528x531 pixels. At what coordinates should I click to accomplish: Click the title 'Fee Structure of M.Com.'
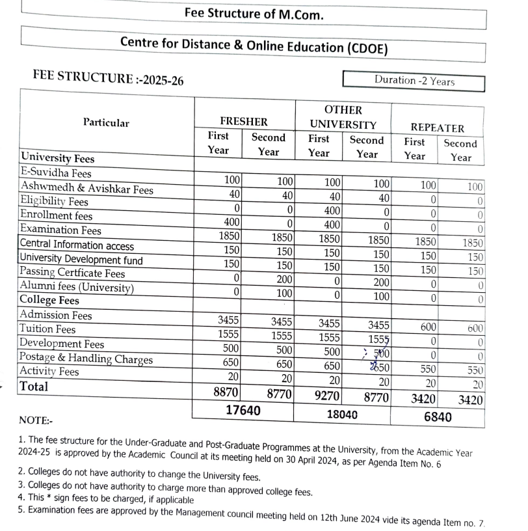254,14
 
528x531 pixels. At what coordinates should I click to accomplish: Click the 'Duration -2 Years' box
414,81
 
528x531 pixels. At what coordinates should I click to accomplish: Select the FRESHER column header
244,122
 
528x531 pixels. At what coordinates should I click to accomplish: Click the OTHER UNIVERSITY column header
343,117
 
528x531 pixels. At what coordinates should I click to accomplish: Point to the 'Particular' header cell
106,123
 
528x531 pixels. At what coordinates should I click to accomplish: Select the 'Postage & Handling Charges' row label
86,358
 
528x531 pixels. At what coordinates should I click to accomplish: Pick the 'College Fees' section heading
50,301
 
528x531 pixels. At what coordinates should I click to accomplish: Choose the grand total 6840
438,417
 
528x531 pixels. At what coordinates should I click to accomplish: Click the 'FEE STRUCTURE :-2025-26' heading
108,79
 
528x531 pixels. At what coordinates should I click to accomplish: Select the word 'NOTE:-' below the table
37,421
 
